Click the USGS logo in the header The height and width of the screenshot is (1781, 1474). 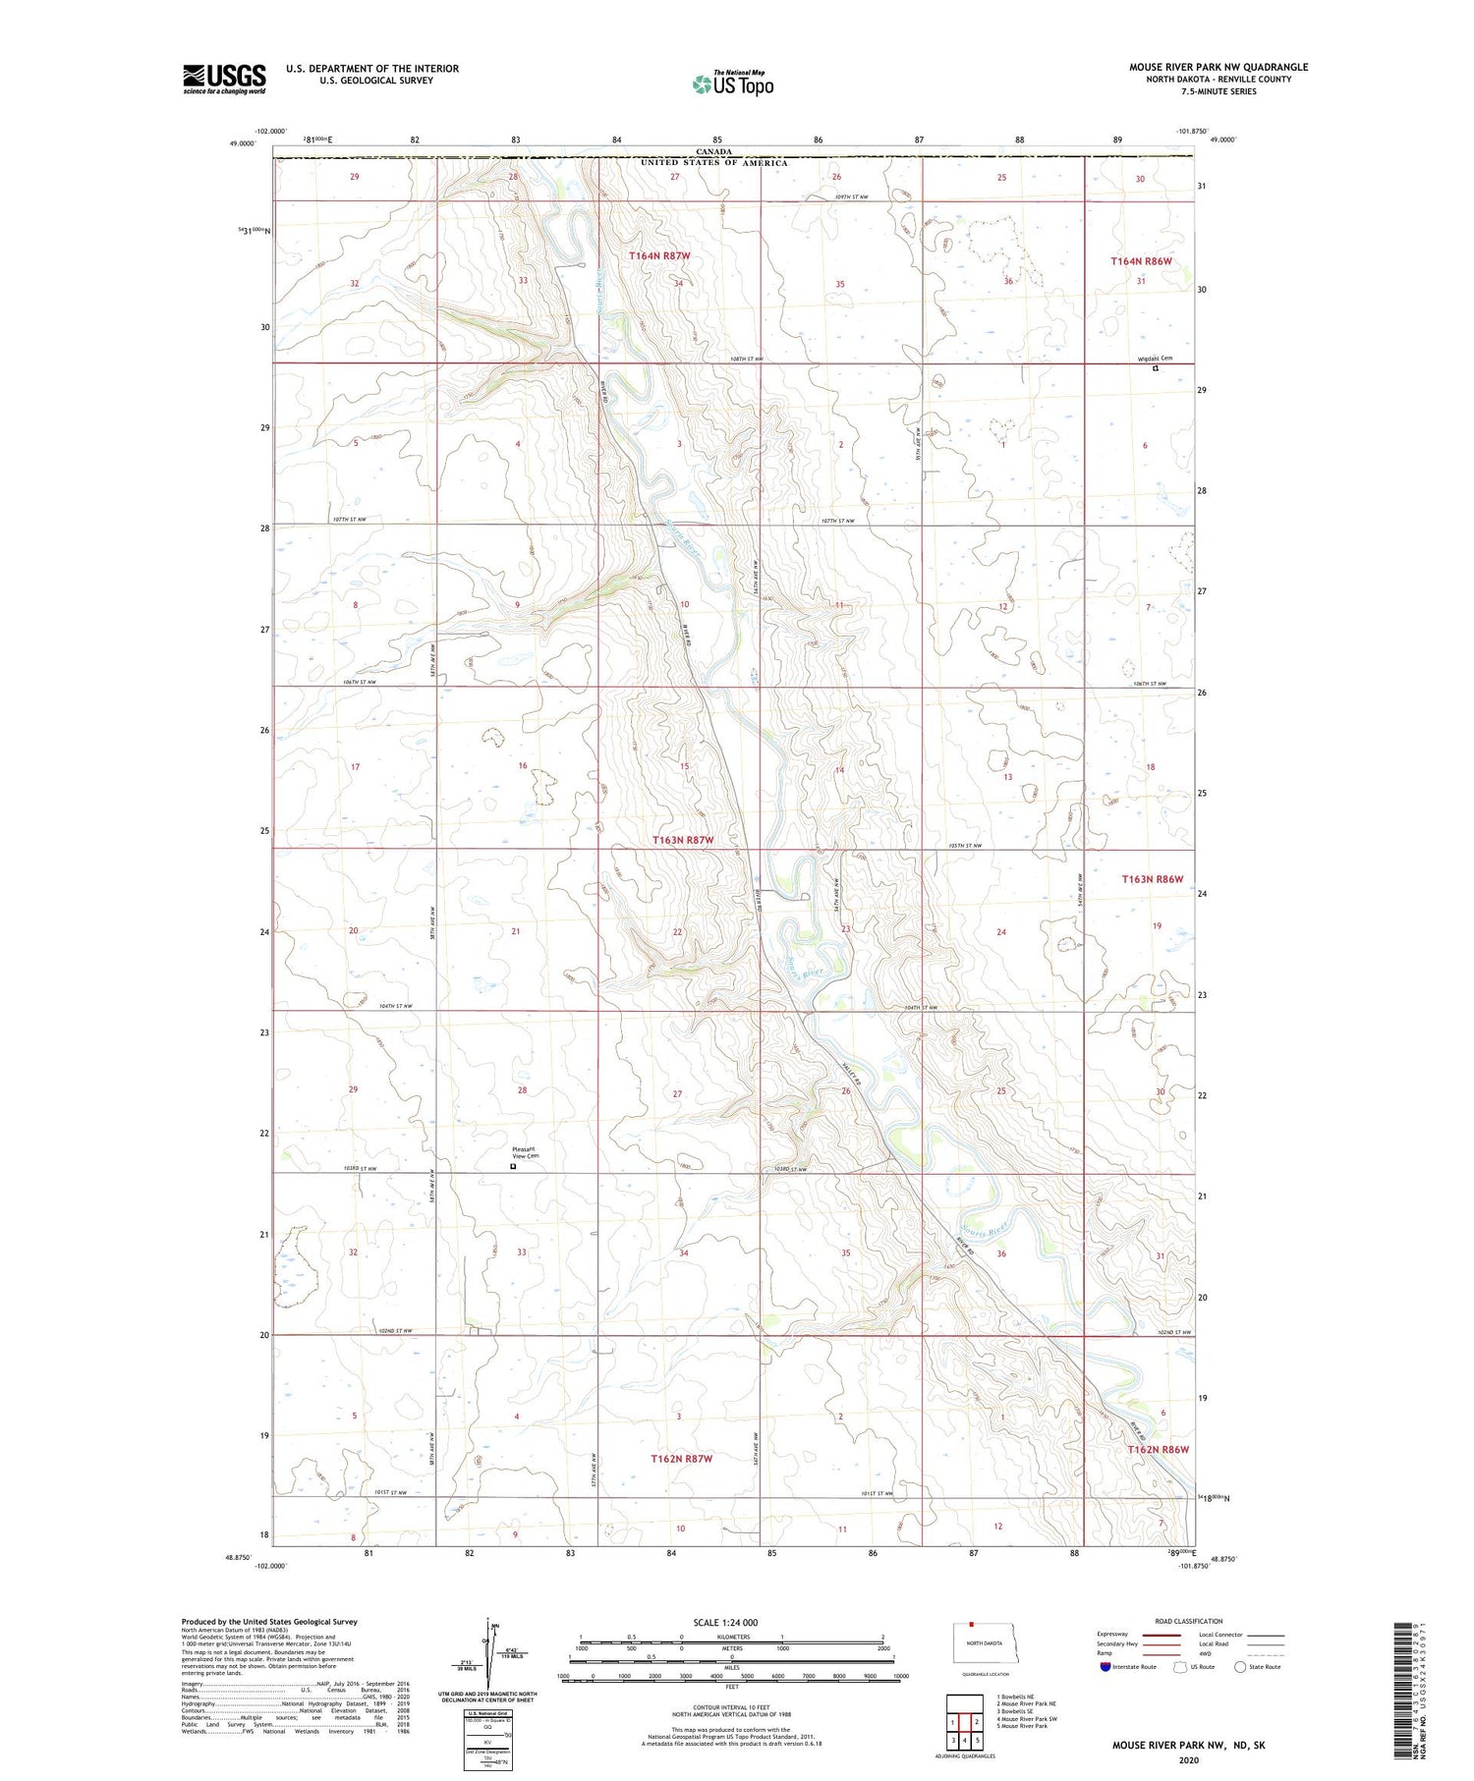224,79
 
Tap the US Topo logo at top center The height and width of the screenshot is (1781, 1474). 732,84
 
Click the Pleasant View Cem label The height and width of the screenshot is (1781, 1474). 526,1153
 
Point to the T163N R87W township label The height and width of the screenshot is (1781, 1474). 682,841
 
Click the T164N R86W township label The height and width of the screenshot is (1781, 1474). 1141,261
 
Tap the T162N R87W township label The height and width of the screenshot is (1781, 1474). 681,1459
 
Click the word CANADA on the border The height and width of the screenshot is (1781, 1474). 714,152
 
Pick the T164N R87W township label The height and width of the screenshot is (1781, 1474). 659,255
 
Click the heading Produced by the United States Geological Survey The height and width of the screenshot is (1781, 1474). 269,1622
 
